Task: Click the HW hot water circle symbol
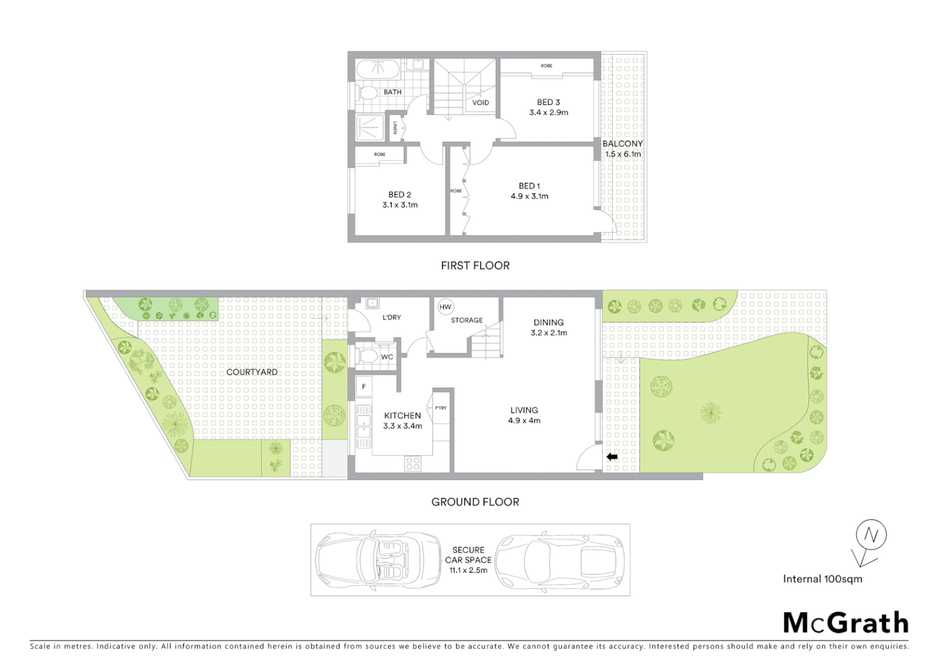point(445,307)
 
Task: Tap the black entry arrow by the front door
point(611,457)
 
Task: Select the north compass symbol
point(870,536)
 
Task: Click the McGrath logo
point(845,623)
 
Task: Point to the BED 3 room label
point(548,102)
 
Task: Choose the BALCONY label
point(623,143)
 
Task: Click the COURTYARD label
point(252,372)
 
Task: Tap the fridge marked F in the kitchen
point(364,387)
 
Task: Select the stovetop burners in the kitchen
point(412,464)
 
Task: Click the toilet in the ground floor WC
point(368,356)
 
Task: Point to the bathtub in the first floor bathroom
point(378,69)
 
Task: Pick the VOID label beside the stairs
point(480,103)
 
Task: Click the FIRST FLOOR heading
point(475,266)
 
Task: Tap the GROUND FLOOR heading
point(475,502)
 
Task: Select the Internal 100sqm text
point(822,579)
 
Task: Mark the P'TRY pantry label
point(440,408)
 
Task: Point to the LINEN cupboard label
point(395,128)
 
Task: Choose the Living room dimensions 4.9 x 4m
point(524,421)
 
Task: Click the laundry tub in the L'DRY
point(372,302)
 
